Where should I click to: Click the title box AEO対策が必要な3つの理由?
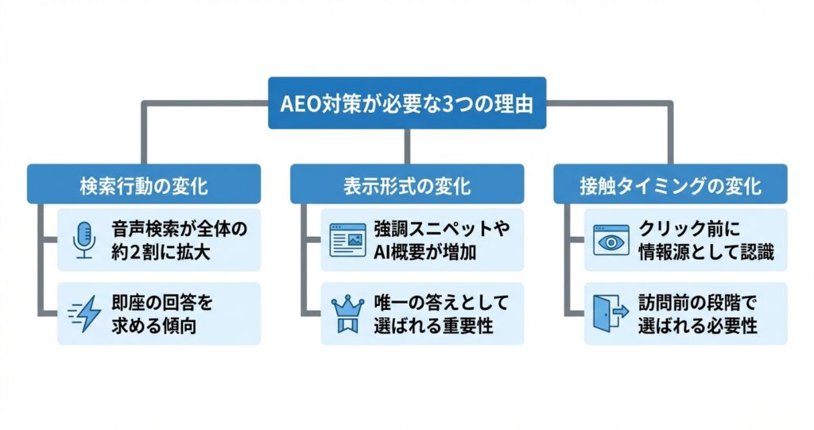(x=407, y=103)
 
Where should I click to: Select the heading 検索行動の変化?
(x=144, y=186)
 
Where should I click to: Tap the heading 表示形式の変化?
(x=406, y=186)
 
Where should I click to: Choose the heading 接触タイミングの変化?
(x=669, y=186)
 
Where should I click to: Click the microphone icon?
(x=83, y=238)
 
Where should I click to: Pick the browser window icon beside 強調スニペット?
(x=347, y=238)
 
